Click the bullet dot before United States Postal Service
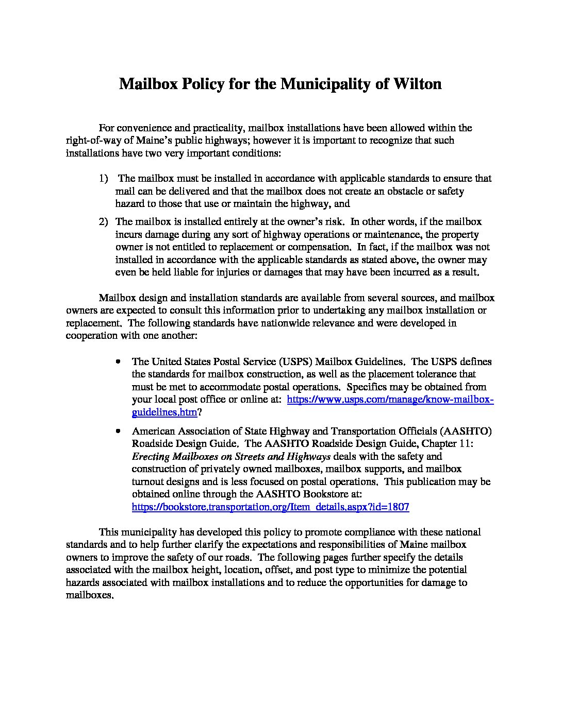pyautogui.click(x=119, y=362)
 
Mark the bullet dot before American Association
pyautogui.click(x=119, y=430)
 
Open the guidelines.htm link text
pyautogui.click(x=164, y=412)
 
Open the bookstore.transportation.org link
pyautogui.click(x=270, y=507)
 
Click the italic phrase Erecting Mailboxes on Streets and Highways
pyautogui.click(x=231, y=456)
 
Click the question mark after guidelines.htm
pyautogui.click(x=200, y=412)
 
